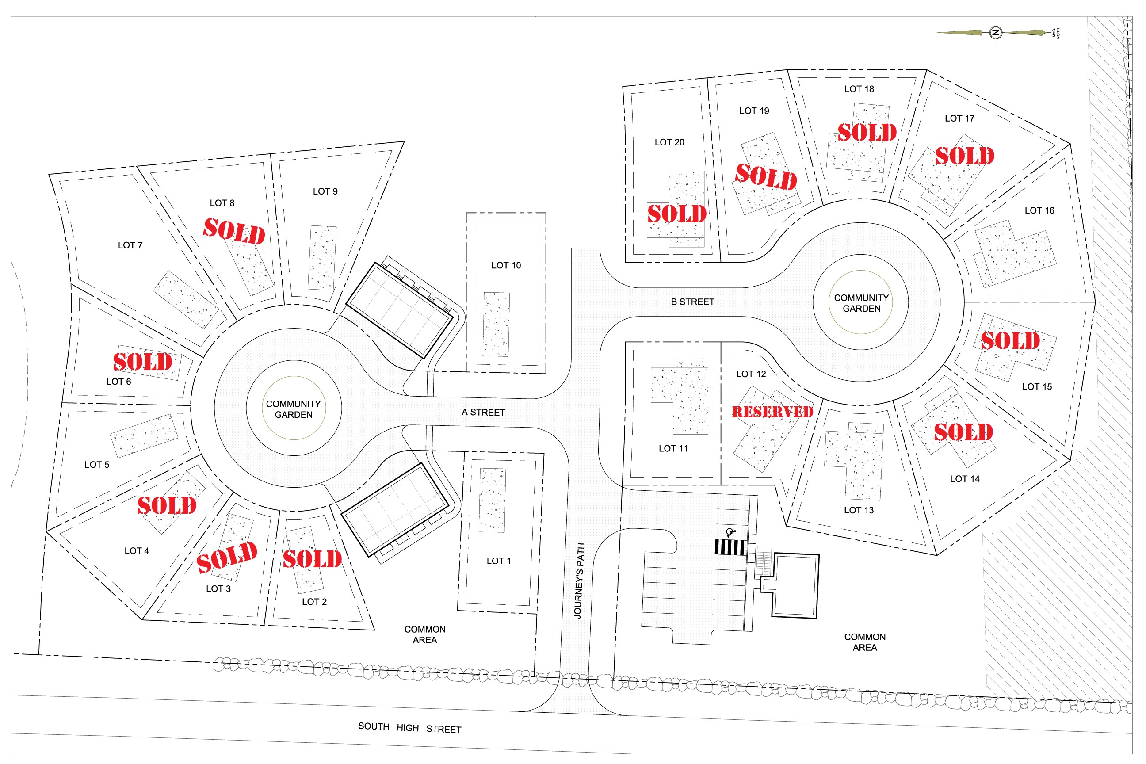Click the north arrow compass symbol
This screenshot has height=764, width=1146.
996,33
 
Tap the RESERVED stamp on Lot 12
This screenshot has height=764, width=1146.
772,412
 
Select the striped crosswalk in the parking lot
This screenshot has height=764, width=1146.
730,548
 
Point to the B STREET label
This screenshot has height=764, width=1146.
692,302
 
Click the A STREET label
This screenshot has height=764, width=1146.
483,413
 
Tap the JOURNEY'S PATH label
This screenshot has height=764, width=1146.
579,581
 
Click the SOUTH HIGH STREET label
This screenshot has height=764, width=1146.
410,727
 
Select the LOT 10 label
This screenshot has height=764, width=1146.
506,266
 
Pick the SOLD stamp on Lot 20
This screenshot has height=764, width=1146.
677,214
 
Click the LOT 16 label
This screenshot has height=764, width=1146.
1039,210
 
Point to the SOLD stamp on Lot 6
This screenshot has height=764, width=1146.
143,362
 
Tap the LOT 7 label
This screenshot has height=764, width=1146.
130,245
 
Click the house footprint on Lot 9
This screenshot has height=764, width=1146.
322,258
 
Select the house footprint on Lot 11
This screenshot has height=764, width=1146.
680,396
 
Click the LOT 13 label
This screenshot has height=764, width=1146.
859,510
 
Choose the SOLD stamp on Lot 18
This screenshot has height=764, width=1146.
867,132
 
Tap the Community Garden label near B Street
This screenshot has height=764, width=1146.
861,303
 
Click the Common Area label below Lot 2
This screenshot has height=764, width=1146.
425,634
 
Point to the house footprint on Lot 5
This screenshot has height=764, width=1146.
144,435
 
